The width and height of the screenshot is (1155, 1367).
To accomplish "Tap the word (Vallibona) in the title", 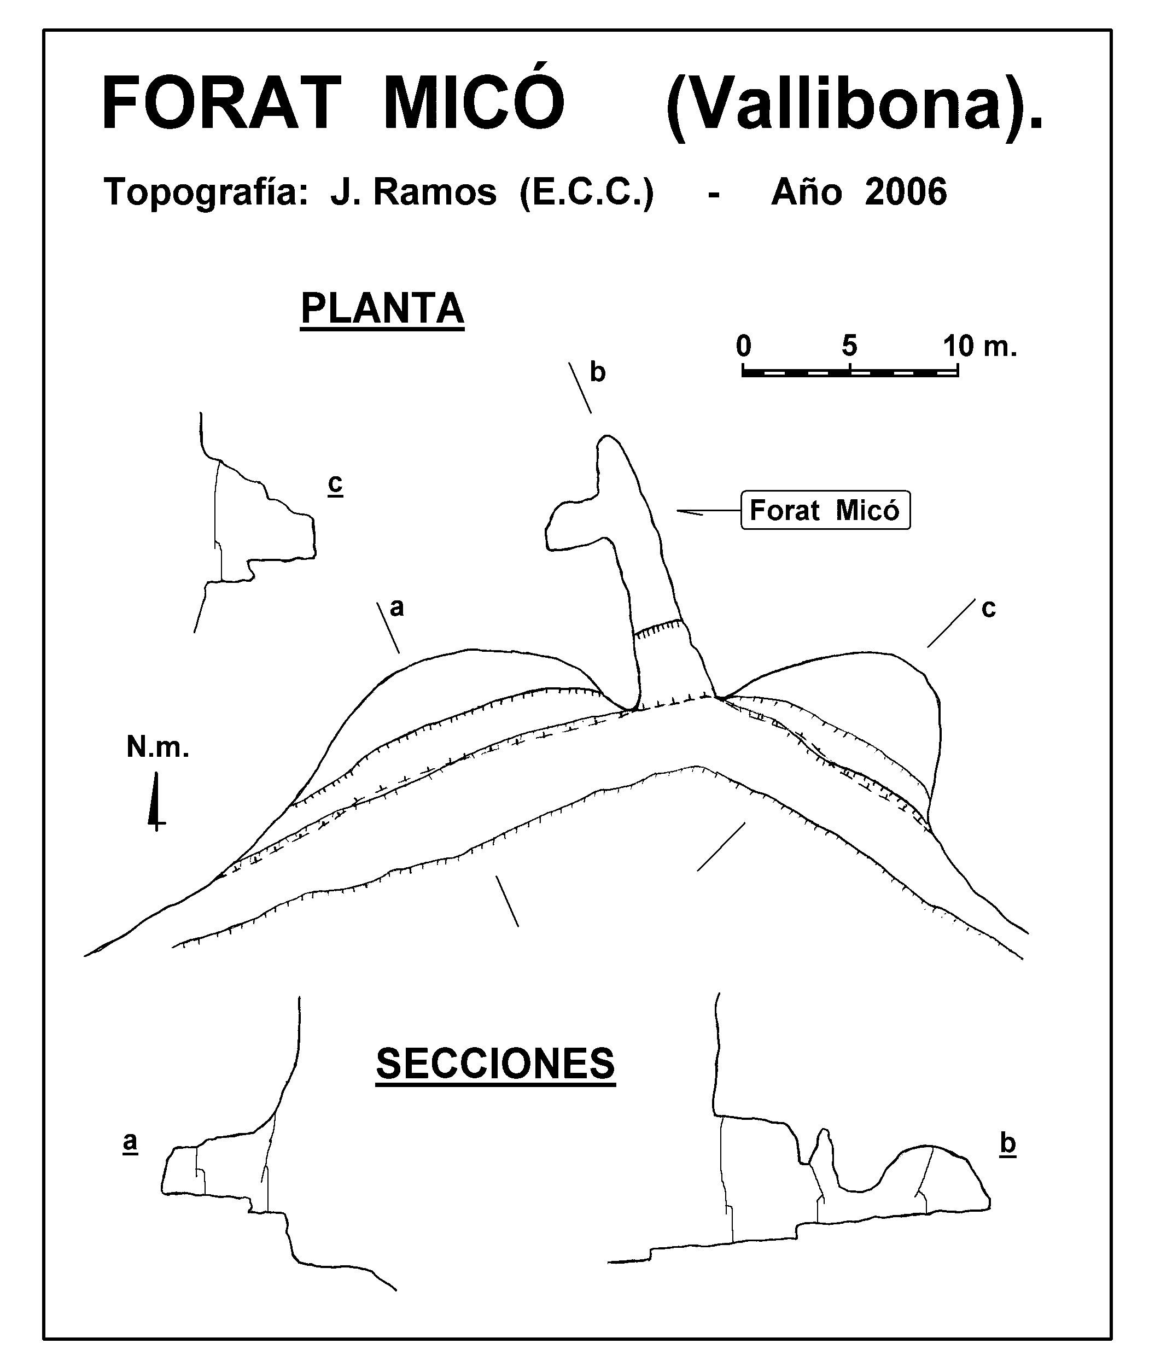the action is (x=854, y=105).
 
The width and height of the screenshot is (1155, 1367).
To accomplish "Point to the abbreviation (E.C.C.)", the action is (x=587, y=193).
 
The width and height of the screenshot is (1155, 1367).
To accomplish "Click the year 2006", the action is (x=906, y=192).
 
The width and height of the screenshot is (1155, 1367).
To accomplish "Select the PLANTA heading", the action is (x=382, y=309).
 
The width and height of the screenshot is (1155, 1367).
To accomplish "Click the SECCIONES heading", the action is (x=495, y=1065).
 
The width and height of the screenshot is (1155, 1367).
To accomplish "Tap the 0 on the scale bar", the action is (x=743, y=346).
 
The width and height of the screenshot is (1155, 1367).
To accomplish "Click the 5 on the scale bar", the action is (x=849, y=346).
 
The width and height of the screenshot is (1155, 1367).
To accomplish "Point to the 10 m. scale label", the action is (x=980, y=346).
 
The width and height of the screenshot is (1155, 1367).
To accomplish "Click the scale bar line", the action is (x=850, y=372).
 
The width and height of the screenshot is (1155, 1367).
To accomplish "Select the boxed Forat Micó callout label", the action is (x=825, y=510).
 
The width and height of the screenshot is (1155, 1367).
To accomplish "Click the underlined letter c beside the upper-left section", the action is (x=335, y=484).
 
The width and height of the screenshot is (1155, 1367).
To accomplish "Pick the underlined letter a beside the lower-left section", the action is (x=130, y=1142).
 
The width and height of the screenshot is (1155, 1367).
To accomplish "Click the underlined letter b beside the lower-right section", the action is (x=1008, y=1144).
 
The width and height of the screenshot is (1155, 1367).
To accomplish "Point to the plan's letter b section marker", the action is (x=597, y=372).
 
